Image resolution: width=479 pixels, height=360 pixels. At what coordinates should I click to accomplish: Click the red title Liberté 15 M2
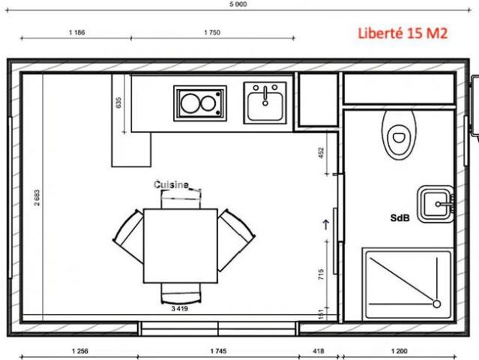coord(403,33)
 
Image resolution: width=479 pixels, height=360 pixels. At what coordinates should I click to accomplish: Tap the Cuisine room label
coord(171,185)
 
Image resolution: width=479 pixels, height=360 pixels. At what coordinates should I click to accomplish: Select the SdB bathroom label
coord(400,218)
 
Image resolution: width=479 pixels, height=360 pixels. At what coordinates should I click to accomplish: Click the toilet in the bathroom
coord(400,135)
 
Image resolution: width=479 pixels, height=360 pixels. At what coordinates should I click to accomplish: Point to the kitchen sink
coord(265,103)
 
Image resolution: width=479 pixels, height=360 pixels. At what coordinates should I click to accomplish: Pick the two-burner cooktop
coord(200,103)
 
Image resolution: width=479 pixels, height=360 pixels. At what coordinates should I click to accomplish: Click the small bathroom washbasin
coord(436,204)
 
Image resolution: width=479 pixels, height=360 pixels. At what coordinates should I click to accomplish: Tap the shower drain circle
coord(437,304)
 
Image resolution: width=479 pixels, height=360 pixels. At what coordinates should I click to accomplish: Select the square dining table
coord(181,246)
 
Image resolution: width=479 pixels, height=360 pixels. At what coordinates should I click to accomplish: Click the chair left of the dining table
coord(128,236)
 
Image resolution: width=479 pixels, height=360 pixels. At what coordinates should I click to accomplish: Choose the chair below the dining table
coord(181,293)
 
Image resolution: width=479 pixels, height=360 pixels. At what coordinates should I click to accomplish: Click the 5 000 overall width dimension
coord(238,4)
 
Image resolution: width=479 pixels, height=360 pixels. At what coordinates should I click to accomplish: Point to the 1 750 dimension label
coord(212,32)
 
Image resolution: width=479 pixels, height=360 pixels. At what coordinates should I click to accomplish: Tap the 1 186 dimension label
coord(77,32)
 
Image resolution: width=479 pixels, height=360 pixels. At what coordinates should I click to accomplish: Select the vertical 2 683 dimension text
coord(37,198)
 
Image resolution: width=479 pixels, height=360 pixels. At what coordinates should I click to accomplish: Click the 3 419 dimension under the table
coord(180,309)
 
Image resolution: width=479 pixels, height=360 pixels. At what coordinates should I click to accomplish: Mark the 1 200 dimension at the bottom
coord(400,351)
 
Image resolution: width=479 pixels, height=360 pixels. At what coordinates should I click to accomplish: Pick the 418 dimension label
coord(319,351)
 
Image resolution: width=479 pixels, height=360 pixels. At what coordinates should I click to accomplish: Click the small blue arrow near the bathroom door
coord(326,224)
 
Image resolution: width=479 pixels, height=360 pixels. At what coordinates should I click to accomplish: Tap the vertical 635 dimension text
coord(118,103)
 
